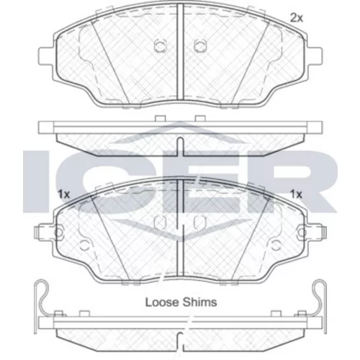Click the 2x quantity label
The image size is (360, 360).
pyautogui.click(x=297, y=18)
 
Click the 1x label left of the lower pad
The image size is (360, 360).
pyautogui.click(x=63, y=194)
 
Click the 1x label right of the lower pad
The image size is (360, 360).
pyautogui.click(x=296, y=194)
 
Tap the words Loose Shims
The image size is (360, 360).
pyautogui.click(x=181, y=302)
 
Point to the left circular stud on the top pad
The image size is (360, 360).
pyautogui.click(x=159, y=45)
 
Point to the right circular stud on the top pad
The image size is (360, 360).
pyautogui.click(x=200, y=45)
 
